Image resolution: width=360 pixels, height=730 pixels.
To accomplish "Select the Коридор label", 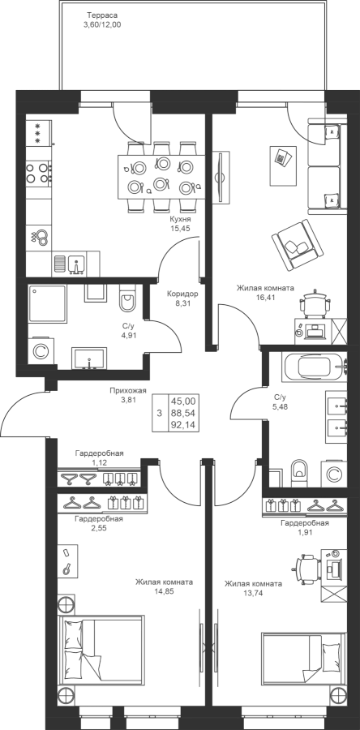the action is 183,294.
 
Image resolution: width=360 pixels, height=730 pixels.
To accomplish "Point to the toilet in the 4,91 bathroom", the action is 126,298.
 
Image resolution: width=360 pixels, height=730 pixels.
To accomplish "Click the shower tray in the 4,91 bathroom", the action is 47,304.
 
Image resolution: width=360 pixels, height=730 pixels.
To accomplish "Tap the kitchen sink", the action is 75,264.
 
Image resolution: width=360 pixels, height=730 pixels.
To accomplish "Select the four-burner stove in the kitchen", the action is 39,172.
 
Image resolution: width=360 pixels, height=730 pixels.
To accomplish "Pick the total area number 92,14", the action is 183,425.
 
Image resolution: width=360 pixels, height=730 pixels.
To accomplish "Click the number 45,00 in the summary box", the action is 183,401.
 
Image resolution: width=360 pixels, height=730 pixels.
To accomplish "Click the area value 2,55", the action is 99,528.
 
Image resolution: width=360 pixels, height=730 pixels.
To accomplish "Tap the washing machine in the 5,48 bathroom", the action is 333,474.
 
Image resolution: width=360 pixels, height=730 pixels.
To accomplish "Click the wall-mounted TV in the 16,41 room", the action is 221,177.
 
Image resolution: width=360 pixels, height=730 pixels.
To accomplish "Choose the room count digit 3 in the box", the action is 160,413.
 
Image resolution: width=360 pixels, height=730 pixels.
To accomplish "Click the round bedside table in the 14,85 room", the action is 66,605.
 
